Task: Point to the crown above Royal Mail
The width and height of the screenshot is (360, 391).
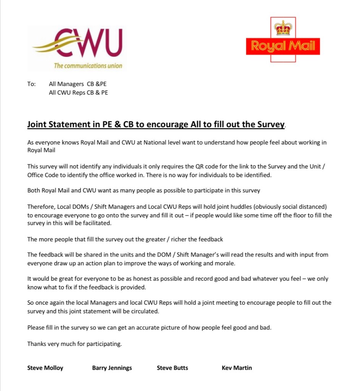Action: click(283, 28)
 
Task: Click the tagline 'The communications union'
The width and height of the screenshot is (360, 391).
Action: click(88, 66)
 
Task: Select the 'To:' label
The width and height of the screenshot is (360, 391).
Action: click(31, 84)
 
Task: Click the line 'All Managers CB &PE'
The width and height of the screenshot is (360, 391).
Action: click(80, 84)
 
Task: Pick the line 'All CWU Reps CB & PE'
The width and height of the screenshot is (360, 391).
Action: click(78, 92)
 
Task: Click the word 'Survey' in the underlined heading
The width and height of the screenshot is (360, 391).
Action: click(271, 124)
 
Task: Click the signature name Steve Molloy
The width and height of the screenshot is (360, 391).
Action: click(45, 368)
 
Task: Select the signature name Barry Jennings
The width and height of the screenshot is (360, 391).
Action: click(112, 368)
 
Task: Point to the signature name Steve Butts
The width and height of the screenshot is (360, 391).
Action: click(172, 368)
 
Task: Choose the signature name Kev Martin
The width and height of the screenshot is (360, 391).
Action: click(237, 368)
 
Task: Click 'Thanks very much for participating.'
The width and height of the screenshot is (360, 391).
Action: click(75, 344)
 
